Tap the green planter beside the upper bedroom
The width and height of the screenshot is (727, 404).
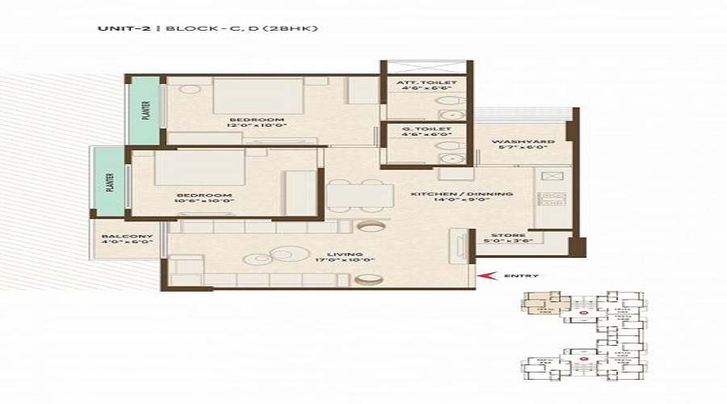click(x=146, y=111)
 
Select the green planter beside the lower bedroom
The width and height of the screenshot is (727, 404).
click(x=109, y=183)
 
